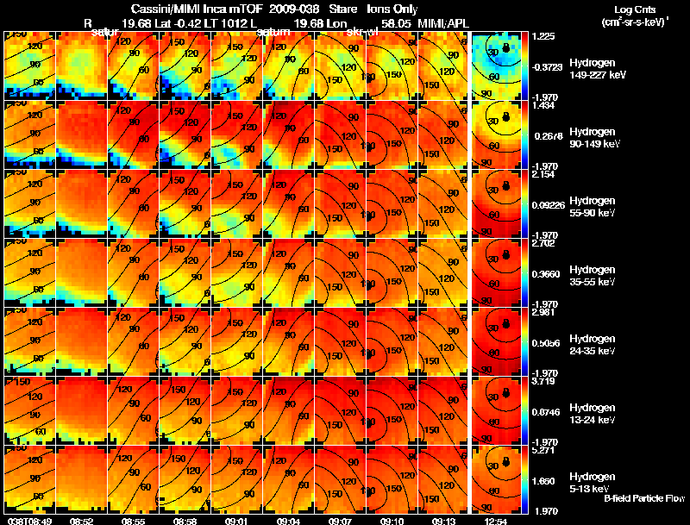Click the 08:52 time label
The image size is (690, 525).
click(x=81, y=521)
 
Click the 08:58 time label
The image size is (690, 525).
click(x=185, y=521)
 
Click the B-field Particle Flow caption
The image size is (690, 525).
click(x=643, y=498)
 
